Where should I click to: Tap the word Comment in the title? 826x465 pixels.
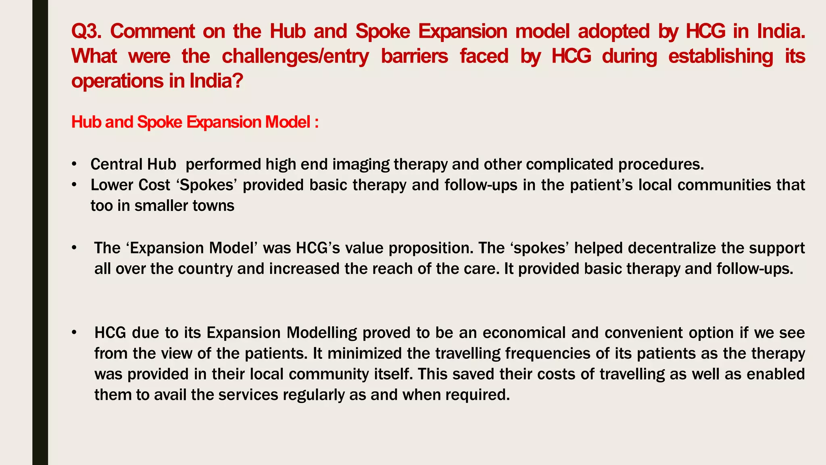pos(152,31)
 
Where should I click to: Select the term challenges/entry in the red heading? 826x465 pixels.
pos(295,56)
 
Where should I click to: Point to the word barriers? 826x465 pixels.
pos(414,56)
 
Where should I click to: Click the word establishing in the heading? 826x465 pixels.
pos(721,56)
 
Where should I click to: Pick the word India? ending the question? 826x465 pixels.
pos(216,81)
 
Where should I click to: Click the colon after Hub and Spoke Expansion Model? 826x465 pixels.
pos(317,122)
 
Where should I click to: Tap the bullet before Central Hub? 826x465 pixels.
pos(74,165)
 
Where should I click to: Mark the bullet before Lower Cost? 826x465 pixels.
pos(74,185)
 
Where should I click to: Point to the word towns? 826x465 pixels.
pos(213,206)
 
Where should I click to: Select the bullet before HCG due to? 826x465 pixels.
pos(74,333)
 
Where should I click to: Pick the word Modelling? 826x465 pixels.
pos(322,333)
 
